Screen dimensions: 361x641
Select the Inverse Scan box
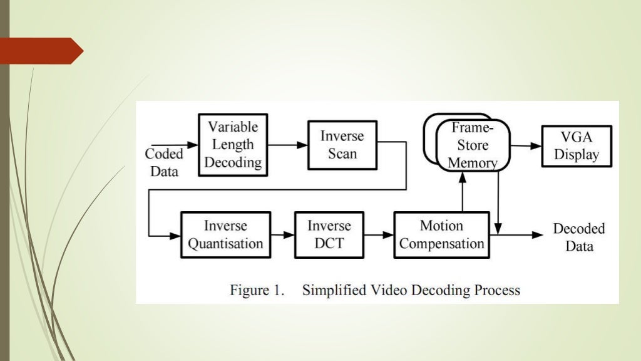(x=342, y=145)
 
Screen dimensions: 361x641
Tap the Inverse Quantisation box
(x=225, y=235)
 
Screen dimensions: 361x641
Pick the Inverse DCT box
(x=329, y=235)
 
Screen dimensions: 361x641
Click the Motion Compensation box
(x=441, y=235)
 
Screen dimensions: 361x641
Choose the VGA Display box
(x=576, y=145)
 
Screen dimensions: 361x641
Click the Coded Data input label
(x=164, y=162)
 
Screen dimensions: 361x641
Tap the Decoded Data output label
(x=578, y=237)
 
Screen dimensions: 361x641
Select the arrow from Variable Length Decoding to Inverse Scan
(x=288, y=145)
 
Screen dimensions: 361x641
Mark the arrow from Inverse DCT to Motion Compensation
(x=378, y=235)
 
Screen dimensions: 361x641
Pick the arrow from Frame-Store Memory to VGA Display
(x=526, y=145)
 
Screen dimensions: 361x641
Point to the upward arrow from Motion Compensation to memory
(x=462, y=191)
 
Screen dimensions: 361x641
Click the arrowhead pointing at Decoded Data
(x=538, y=235)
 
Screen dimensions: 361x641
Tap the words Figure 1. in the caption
(x=257, y=290)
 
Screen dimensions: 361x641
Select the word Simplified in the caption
(x=332, y=290)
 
